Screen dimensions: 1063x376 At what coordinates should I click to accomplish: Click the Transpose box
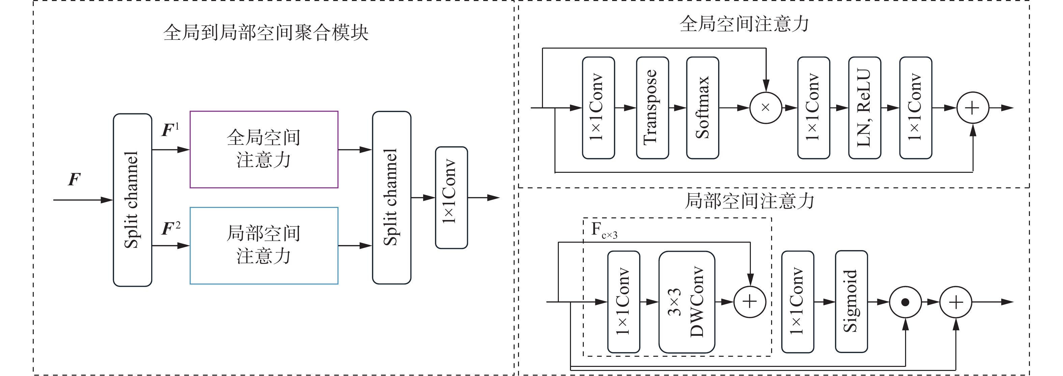coord(652,108)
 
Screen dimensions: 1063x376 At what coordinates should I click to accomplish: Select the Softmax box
coord(703,108)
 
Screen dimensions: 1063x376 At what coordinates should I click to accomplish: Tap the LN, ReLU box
coord(865,108)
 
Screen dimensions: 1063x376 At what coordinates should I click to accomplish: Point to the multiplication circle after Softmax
coord(765,108)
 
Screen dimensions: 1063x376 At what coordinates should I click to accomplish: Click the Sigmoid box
coord(851,302)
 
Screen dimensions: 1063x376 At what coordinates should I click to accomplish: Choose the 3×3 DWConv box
coord(687,302)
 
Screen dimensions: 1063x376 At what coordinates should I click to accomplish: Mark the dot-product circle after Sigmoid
coord(905,302)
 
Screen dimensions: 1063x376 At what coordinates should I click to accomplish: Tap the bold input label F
coord(74,179)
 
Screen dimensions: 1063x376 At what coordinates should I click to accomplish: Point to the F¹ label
coord(170,130)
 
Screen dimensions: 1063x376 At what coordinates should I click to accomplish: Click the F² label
coord(171,228)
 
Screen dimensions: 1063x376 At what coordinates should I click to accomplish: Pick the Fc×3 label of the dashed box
coord(604,230)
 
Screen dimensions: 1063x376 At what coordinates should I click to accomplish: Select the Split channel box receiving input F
coord(133,200)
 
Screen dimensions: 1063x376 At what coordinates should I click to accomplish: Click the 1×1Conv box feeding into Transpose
coord(598,108)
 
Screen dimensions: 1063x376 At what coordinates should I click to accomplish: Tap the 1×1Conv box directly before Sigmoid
coord(798,302)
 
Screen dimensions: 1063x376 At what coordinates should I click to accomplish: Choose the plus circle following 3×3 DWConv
coord(750,302)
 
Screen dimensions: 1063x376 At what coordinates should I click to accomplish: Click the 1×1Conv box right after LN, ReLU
coord(916,108)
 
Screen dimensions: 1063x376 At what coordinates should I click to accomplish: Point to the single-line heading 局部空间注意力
coord(749,201)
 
